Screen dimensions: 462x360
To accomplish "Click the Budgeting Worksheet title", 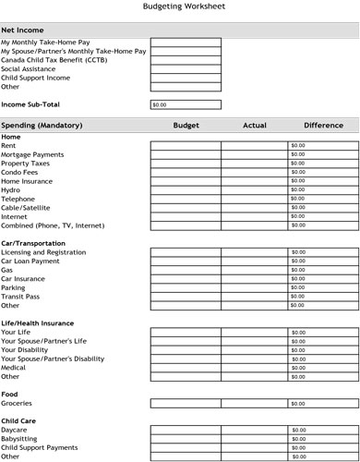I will (180, 6).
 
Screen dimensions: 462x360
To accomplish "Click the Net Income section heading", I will (28, 30).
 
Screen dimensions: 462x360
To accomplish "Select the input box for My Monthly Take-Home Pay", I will (186, 43).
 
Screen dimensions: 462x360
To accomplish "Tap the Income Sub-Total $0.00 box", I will (186, 104).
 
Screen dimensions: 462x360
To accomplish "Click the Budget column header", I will (186, 125).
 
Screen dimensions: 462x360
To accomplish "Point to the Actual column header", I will (254, 125).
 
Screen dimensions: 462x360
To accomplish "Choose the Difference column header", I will (322, 125).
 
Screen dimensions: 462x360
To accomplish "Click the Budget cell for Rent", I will (186, 146).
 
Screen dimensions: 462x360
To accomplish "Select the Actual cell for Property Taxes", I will (254, 164).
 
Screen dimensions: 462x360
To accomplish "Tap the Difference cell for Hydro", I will (322, 190).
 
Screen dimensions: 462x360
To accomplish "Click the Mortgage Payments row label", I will (32, 154).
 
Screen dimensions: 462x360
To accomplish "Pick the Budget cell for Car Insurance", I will (186, 279).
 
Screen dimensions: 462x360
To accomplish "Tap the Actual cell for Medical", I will (254, 368).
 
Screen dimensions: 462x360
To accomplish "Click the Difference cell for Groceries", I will (322, 403).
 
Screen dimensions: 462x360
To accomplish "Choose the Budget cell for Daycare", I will (186, 430).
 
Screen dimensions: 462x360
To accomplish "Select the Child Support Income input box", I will (186, 78).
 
